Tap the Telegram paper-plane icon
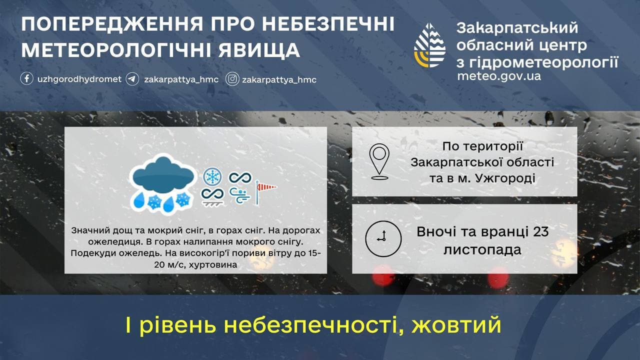pos(132,79)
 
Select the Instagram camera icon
pos(232,79)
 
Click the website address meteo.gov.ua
pos(498,76)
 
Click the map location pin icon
pos(379,161)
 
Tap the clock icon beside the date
pos(383,238)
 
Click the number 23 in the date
pos(539,232)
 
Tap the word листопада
pos(482,249)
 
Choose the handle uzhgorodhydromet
pos(79,79)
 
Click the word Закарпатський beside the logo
pos(517,28)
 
